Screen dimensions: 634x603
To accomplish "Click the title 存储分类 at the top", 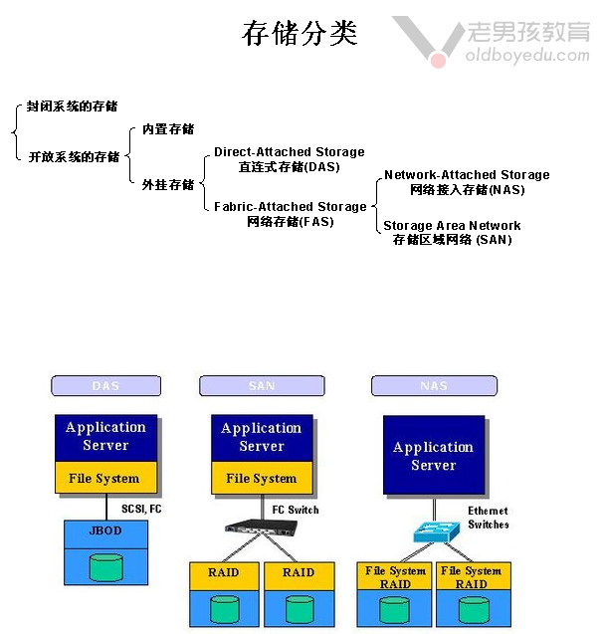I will (300, 34).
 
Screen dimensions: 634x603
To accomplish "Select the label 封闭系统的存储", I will (73, 106).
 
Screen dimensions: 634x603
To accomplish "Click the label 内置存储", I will (168, 129).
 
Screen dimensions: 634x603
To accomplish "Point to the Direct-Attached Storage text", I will (290, 152).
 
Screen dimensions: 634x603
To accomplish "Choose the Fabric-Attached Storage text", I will (291, 207).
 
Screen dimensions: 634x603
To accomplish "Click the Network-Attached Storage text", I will (467, 175).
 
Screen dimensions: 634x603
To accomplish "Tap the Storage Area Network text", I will (452, 226).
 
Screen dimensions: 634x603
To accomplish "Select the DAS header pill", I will (105, 385).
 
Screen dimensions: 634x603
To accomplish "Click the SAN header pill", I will (262, 385).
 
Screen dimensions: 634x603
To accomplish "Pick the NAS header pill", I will (434, 385).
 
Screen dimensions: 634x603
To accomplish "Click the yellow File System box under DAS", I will (104, 479).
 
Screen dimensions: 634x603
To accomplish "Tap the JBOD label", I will (105, 530).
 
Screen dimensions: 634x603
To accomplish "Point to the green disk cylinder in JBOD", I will (105, 566).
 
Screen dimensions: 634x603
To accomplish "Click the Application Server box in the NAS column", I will (434, 456).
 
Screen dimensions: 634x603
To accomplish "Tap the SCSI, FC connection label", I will (142, 509).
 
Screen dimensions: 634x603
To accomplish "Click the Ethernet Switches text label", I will (488, 518).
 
